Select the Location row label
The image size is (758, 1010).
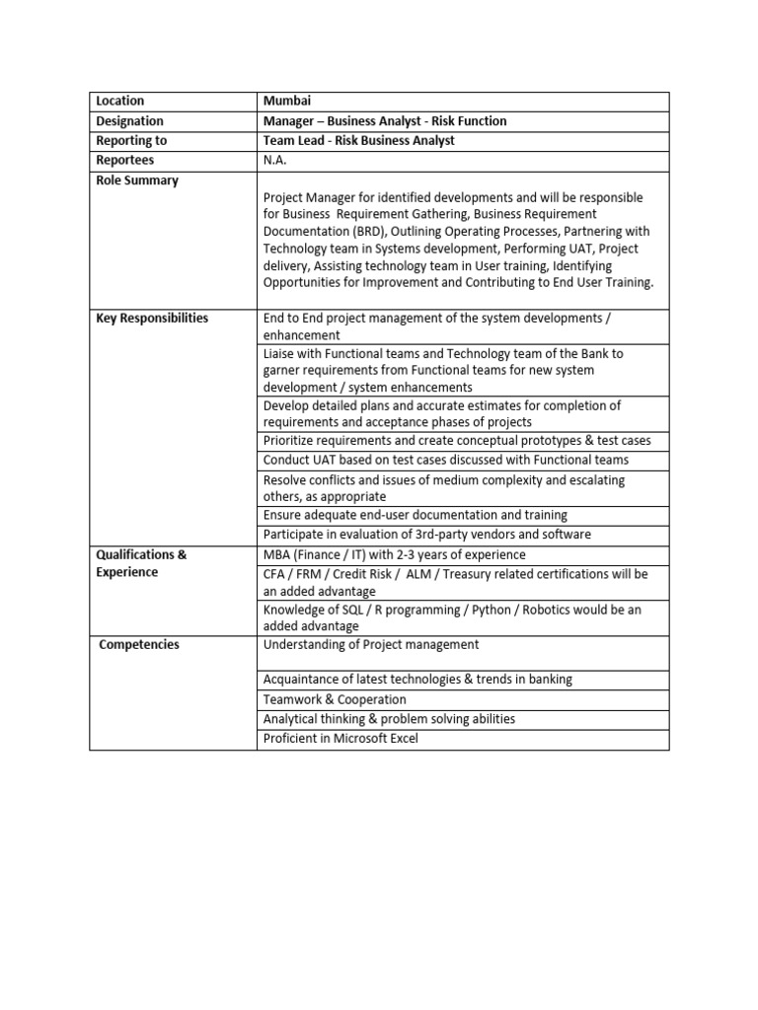pos(119,101)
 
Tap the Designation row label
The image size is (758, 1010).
pos(129,120)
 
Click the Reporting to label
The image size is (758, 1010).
pos(131,140)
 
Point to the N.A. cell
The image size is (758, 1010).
pos(276,160)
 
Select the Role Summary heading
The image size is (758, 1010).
pos(137,180)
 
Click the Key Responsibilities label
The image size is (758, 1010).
pos(152,319)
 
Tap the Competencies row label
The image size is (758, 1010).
pos(139,644)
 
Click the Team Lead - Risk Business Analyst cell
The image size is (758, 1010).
pos(358,140)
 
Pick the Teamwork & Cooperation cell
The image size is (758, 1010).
pos(335,699)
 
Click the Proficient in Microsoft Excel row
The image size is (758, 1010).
pos(341,738)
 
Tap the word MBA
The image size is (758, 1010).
pos(277,554)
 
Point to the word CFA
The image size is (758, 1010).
pos(275,574)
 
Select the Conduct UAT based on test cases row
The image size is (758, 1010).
pos(445,460)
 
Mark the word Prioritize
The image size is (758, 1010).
pos(292,440)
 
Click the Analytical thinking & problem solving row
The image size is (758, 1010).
pos(389,719)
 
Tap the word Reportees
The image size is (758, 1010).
pos(125,160)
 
